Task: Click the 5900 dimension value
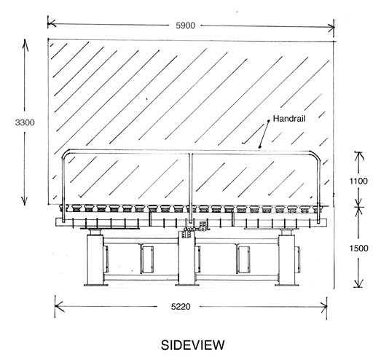pyautogui.click(x=185, y=26)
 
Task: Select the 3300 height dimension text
pyautogui.click(x=25, y=122)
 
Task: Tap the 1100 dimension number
pyautogui.click(x=358, y=181)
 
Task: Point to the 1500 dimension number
pyautogui.click(x=358, y=249)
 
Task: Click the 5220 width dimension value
pyautogui.click(x=181, y=307)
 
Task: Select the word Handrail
pyautogui.click(x=289, y=119)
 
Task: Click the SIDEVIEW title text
pyautogui.click(x=193, y=345)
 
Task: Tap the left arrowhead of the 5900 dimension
pyautogui.click(x=52, y=24)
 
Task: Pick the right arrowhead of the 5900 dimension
pyautogui.click(x=331, y=28)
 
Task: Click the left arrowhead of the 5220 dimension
pyautogui.click(x=59, y=306)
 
